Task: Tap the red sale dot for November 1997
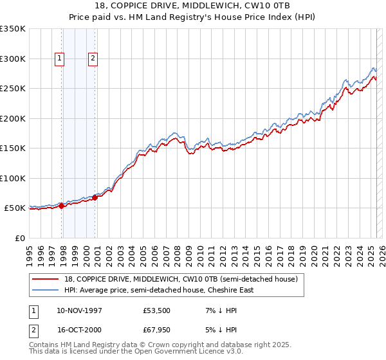pyautogui.click(x=62, y=206)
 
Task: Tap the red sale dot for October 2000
pyautogui.click(x=95, y=197)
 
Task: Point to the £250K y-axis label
pyautogui.click(x=14, y=89)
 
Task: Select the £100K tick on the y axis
pyautogui.click(x=14, y=178)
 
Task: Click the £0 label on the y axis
pyautogui.click(x=20, y=238)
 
